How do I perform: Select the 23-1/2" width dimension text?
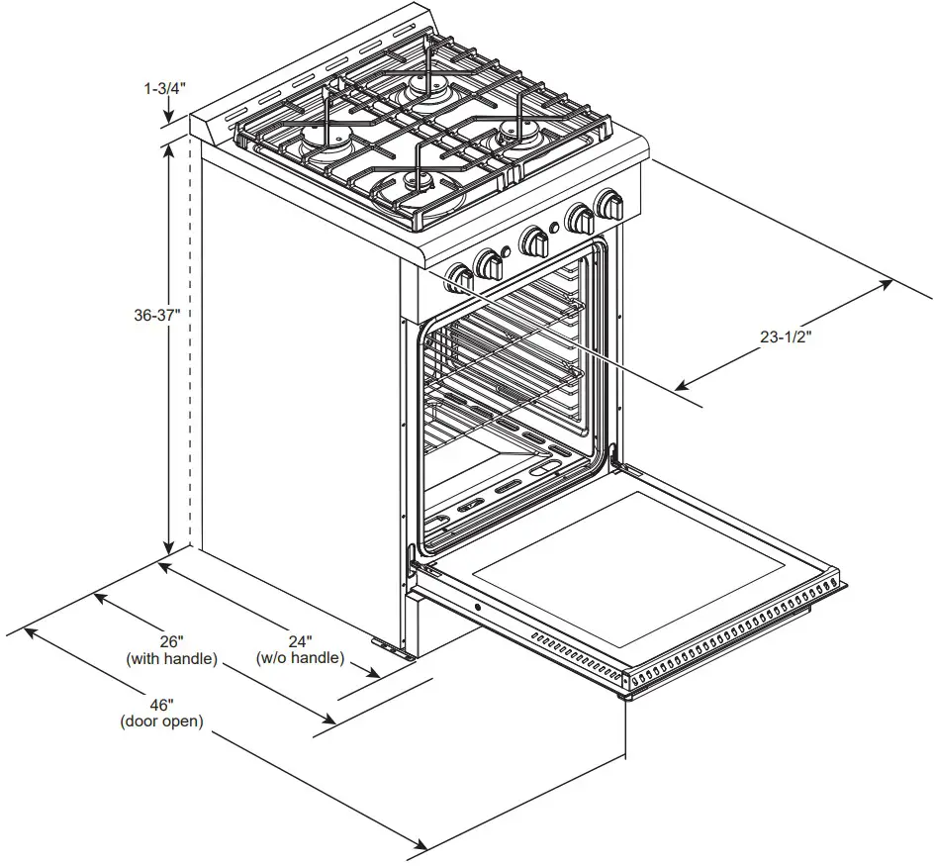point(787,337)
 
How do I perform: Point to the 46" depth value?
point(162,705)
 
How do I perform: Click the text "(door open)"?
point(162,722)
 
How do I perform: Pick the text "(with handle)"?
point(171,658)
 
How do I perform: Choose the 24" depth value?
point(300,640)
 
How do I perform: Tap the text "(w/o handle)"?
point(300,658)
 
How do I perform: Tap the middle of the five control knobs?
point(534,241)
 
